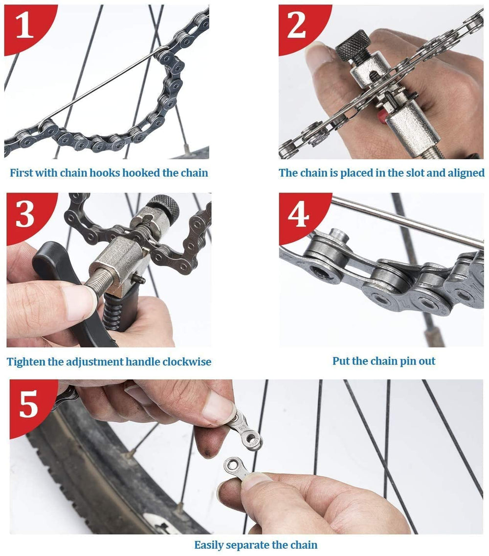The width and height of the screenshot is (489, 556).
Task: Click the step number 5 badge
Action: pyautogui.click(x=28, y=405)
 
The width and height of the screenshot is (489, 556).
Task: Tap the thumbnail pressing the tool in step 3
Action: pyautogui.click(x=78, y=301)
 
